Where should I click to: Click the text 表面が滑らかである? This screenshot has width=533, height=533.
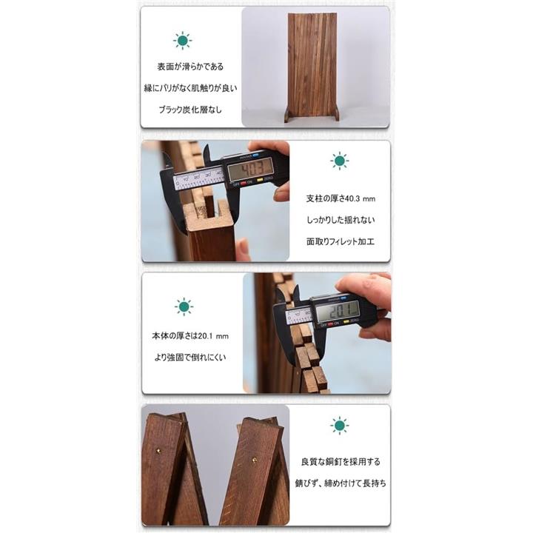click(190, 67)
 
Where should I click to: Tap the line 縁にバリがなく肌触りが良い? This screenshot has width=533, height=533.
click(190, 88)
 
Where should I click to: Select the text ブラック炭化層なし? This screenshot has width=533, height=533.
click(190, 110)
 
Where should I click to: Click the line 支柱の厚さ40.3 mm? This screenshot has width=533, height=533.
click(341, 198)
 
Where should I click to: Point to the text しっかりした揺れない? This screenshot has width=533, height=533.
click(341, 220)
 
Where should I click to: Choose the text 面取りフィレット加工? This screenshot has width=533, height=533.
click(341, 241)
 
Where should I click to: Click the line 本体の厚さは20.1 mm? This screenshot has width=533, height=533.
click(190, 336)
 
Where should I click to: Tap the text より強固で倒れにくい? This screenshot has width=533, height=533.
click(190, 358)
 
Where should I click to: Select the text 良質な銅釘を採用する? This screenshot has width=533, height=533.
click(341, 462)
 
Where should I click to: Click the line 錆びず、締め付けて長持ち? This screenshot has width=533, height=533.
click(341, 483)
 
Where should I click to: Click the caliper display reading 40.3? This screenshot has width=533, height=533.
click(250, 170)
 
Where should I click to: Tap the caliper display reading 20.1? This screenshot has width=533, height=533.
click(338, 312)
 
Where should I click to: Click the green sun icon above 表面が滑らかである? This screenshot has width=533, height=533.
click(183, 41)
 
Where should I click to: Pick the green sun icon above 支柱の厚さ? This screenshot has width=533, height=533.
click(340, 161)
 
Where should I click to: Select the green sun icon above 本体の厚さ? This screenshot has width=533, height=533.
click(184, 306)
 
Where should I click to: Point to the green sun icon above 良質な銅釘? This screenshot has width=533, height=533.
click(340, 425)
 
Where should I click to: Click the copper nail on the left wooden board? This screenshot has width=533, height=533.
click(158, 451)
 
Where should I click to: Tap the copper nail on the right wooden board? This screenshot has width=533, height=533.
click(255, 460)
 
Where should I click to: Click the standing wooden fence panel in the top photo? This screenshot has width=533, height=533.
click(312, 67)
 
